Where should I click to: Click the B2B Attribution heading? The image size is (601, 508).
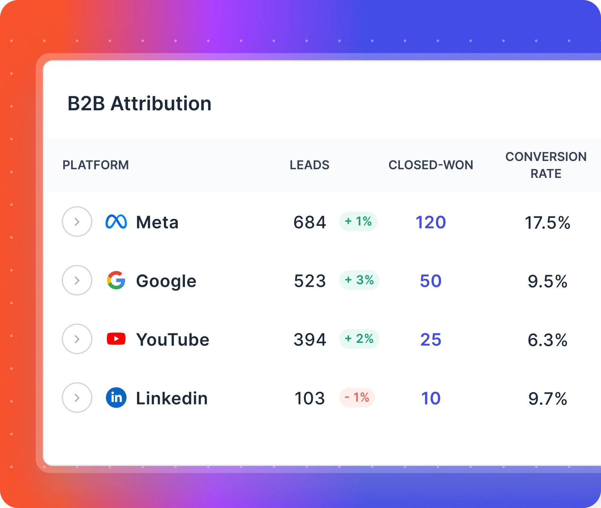click(x=139, y=103)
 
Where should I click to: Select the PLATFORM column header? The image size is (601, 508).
click(x=96, y=165)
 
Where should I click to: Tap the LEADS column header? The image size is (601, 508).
click(x=310, y=165)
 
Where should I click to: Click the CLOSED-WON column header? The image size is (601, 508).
click(x=431, y=165)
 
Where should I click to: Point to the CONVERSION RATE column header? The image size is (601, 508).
click(x=546, y=165)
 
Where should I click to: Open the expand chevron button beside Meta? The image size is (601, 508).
click(x=77, y=222)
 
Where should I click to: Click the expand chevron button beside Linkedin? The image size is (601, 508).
click(x=77, y=398)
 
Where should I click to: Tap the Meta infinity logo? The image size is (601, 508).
click(x=116, y=222)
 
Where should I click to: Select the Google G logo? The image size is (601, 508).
click(x=116, y=280)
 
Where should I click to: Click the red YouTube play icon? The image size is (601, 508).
click(x=116, y=339)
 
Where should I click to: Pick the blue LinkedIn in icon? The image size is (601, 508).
click(x=116, y=398)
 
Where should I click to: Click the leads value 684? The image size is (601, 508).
click(x=310, y=222)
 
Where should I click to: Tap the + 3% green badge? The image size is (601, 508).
click(x=359, y=280)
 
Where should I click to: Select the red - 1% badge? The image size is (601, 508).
click(x=357, y=398)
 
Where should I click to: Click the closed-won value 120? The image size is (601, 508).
click(x=431, y=222)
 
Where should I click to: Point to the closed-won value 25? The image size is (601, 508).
click(x=431, y=340)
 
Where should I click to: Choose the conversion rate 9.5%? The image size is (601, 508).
click(x=548, y=281)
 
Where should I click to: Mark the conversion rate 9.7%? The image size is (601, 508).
click(x=548, y=399)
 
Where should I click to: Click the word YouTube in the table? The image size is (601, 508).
click(x=172, y=340)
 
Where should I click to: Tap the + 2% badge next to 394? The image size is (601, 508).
click(x=359, y=339)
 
